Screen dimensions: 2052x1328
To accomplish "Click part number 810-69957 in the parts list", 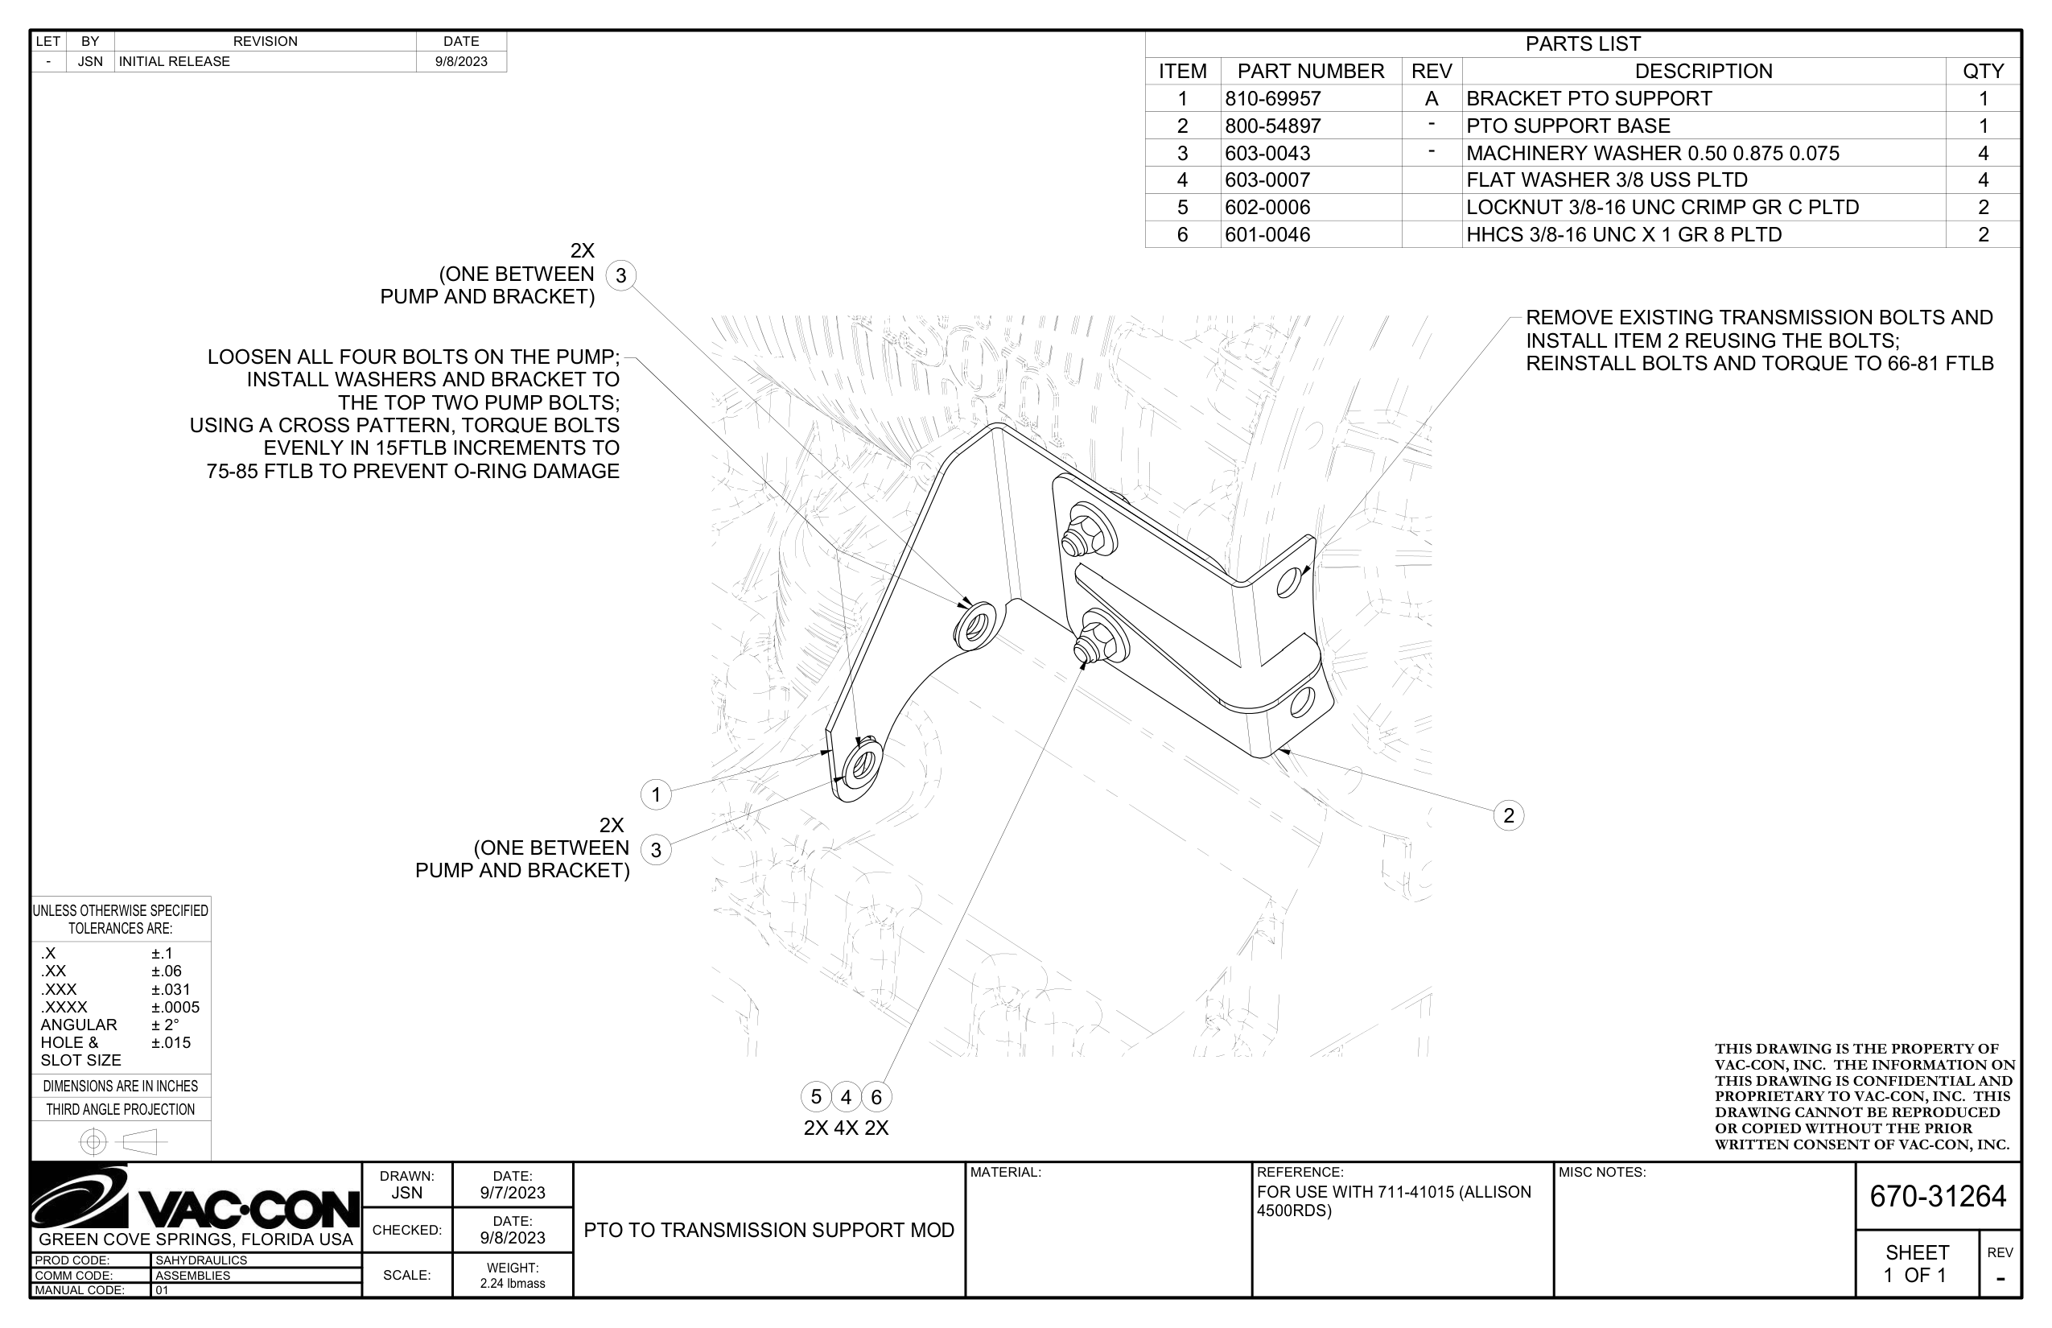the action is click(1272, 98).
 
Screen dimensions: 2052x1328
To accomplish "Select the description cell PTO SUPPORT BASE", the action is click(1568, 126).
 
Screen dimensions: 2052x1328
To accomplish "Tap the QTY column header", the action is click(1983, 71).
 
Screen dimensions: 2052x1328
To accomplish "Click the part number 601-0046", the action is click(1267, 234).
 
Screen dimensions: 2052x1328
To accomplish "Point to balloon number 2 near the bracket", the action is click(1508, 816).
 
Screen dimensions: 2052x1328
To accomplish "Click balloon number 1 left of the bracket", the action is click(656, 794).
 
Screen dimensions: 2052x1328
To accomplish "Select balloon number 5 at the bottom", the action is click(816, 1097).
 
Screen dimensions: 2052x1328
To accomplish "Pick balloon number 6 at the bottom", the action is click(876, 1097).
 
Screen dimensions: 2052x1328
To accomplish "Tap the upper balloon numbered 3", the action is click(620, 276).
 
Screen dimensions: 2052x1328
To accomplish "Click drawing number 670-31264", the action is click(1938, 1197).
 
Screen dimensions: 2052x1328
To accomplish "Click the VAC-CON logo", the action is click(196, 1198).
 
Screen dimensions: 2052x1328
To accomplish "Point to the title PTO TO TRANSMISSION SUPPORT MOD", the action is click(769, 1231).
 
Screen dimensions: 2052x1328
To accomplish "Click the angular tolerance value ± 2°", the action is click(166, 1025).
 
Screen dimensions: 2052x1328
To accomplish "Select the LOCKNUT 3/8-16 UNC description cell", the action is click(1663, 207).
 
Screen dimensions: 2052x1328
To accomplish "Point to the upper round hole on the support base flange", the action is click(1290, 583).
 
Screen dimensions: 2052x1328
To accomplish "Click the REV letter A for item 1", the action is click(1432, 98).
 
